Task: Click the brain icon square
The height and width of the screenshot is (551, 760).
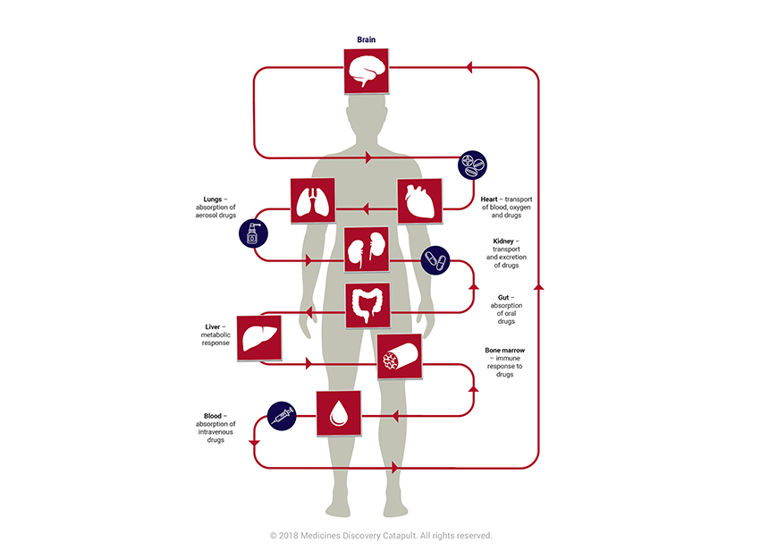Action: [x=367, y=71]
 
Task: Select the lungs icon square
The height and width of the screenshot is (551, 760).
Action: [x=312, y=201]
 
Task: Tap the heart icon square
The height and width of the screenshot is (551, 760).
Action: [x=419, y=201]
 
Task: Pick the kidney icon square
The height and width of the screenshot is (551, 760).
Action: [x=367, y=250]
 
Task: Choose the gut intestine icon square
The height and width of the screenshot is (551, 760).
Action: [x=367, y=306]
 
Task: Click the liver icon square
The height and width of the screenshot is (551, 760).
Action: [x=258, y=338]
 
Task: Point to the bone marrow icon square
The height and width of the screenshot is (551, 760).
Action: [x=399, y=356]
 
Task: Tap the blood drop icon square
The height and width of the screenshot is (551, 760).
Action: [x=338, y=413]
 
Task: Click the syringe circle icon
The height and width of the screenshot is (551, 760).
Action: [x=282, y=416]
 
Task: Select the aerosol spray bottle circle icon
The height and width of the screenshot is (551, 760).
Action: [x=252, y=234]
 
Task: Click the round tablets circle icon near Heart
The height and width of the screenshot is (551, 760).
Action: [x=473, y=165]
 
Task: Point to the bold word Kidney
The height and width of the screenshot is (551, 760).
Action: [x=504, y=241]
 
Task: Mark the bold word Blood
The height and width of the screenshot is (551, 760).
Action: [x=213, y=415]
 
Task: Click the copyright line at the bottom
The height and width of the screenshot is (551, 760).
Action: [x=380, y=535]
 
